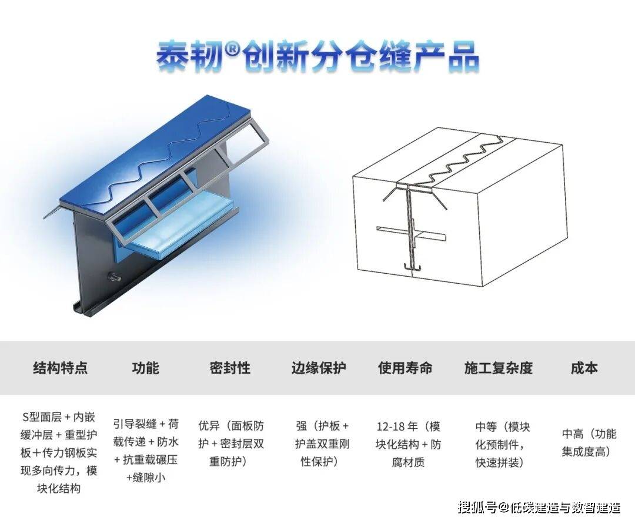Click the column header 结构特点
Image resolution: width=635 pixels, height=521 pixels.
click(x=60, y=368)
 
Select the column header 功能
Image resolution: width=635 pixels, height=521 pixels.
click(x=145, y=368)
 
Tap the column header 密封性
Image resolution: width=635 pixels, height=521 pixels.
click(x=230, y=368)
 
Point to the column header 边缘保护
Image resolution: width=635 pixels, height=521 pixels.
click(x=319, y=368)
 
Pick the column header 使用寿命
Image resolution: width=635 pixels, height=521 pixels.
click(x=405, y=368)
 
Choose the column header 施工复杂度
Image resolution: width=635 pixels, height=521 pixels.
click(x=498, y=368)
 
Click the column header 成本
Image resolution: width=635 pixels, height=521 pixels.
click(x=584, y=368)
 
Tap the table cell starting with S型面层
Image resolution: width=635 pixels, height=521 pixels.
click(x=59, y=453)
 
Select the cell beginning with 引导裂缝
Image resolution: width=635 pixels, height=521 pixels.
click(x=146, y=451)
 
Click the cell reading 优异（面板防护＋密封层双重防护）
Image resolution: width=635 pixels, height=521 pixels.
click(x=231, y=443)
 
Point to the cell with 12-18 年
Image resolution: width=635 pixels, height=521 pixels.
click(x=408, y=444)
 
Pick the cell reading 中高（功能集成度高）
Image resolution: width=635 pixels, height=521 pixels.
click(x=589, y=442)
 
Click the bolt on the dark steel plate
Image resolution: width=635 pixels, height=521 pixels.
click(x=115, y=277)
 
